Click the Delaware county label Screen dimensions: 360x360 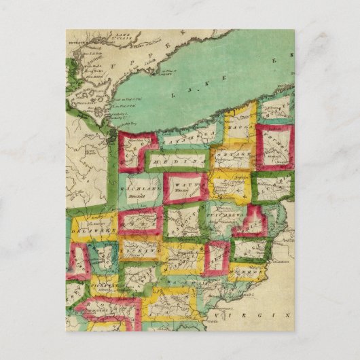pyautogui.click(x=94, y=229)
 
